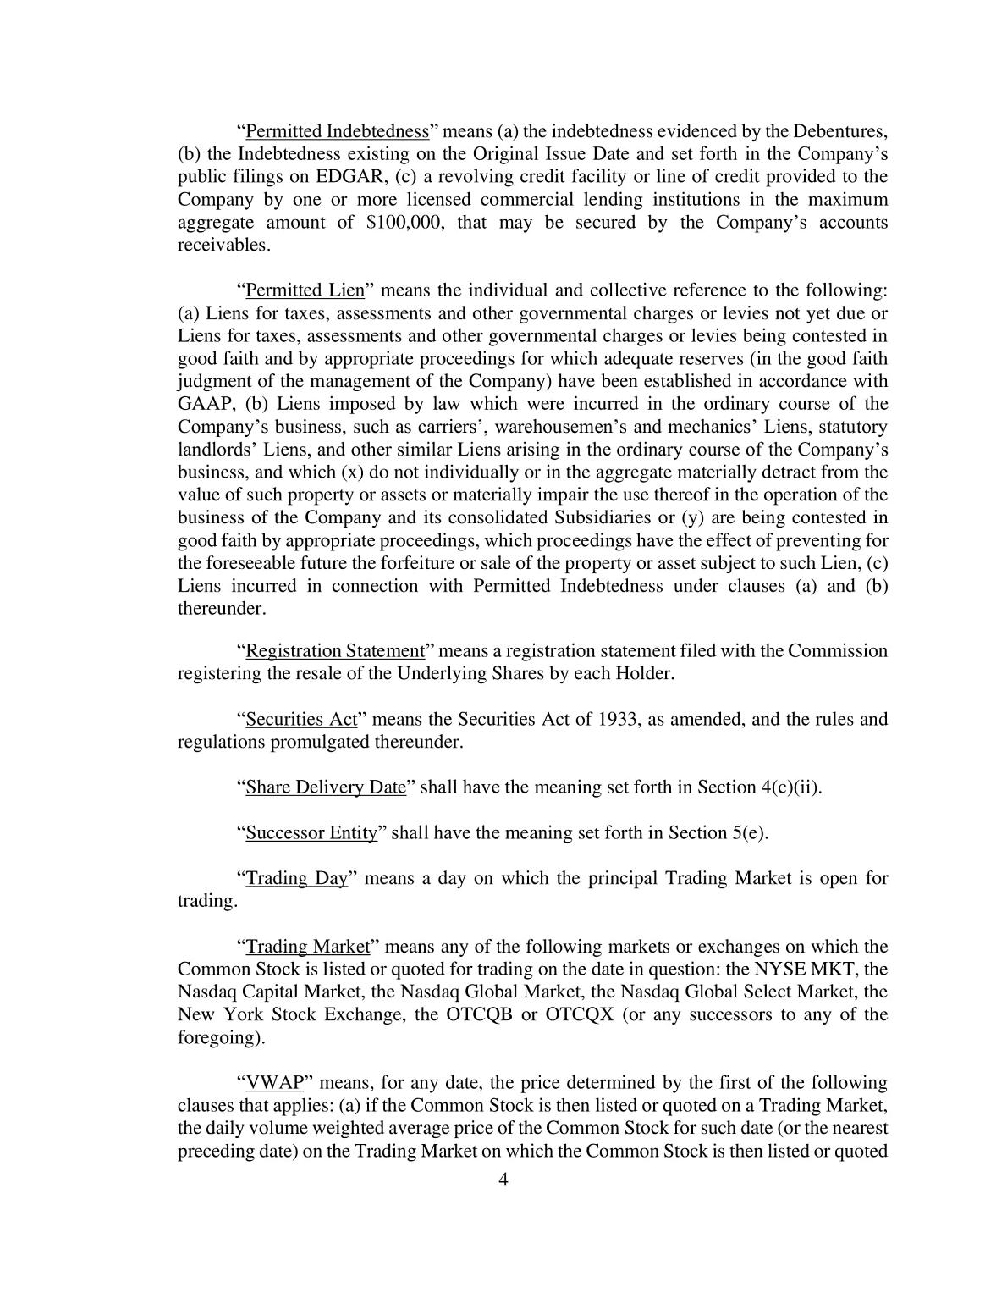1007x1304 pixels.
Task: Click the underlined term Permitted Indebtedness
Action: [337, 132]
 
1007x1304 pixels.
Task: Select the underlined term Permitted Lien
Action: [305, 290]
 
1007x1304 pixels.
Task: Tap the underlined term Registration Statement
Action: [334, 651]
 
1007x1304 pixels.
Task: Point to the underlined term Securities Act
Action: [301, 720]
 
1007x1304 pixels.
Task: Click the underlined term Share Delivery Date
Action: [326, 787]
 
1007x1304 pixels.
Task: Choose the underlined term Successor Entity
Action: [311, 833]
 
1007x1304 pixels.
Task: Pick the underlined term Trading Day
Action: [296, 878]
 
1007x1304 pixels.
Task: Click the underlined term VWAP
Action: [274, 1083]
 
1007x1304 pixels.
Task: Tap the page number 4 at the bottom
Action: [503, 1180]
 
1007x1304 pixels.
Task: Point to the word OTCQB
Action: [479, 1015]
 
